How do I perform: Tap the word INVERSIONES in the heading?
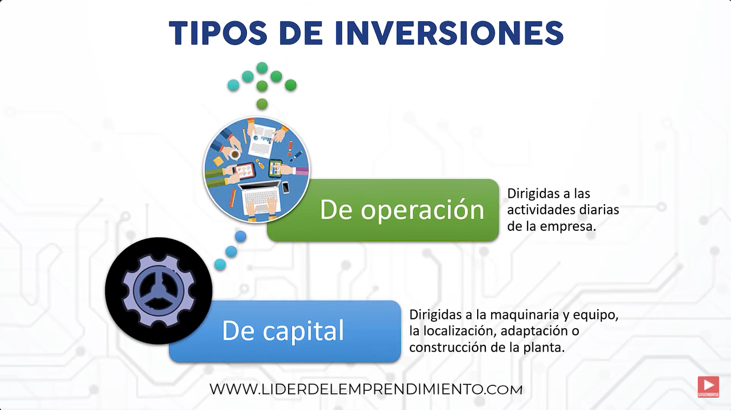[449, 33]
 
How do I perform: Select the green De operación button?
[383, 210]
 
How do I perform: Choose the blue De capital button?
[284, 331]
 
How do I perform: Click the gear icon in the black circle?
[159, 290]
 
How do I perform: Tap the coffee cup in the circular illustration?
[235, 154]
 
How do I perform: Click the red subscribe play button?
[709, 386]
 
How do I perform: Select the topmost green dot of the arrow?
[262, 68]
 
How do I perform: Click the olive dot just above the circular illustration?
[262, 104]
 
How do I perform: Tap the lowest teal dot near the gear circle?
[220, 265]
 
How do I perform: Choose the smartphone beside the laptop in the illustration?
[285, 187]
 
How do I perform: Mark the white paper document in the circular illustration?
[262, 141]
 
